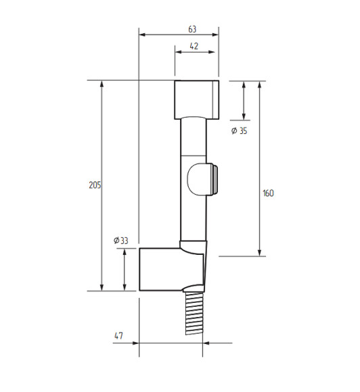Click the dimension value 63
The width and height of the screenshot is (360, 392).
pyautogui.click(x=192, y=29)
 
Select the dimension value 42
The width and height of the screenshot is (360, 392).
pyautogui.click(x=194, y=46)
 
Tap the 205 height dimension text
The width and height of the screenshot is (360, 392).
pyautogui.click(x=95, y=185)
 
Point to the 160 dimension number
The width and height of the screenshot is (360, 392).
pyautogui.click(x=268, y=193)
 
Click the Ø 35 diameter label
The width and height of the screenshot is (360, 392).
pyautogui.click(x=240, y=130)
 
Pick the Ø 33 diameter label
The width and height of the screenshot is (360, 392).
pyautogui.click(x=120, y=241)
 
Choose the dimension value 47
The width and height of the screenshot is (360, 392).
pyautogui.click(x=118, y=335)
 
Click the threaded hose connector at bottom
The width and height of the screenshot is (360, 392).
pyautogui.click(x=194, y=314)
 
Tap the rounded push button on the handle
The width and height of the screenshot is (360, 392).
pyautogui.click(x=202, y=179)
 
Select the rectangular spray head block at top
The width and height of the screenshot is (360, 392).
pyautogui.click(x=196, y=100)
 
